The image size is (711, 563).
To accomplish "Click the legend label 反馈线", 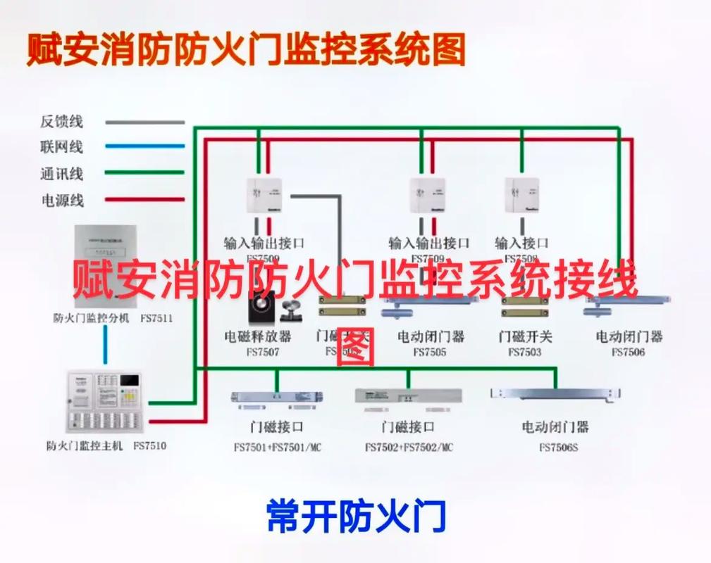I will tap(61, 122).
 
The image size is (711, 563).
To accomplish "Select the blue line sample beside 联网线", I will tap(144, 147).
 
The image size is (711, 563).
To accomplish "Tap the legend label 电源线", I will tap(61, 200).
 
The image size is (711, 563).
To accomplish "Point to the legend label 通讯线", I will tap(61, 173).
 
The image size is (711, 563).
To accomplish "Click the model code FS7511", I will tap(156, 318).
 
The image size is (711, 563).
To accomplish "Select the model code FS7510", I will tap(150, 445).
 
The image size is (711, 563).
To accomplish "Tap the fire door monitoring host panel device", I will tap(104, 402).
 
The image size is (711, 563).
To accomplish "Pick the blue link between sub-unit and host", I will tap(106, 345).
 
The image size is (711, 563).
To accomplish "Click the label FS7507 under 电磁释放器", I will tap(262, 351).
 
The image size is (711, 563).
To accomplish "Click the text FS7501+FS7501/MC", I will tap(277, 447).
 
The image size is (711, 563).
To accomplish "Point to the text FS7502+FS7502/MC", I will tap(409, 447).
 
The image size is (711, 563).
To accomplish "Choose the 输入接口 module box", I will tap(522, 196).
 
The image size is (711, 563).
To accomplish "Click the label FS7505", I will tap(430, 352).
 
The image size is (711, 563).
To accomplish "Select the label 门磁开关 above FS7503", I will tap(525, 336).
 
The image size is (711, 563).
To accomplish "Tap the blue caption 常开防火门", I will tap(356, 516).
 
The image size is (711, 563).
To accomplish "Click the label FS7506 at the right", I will tap(628, 352).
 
